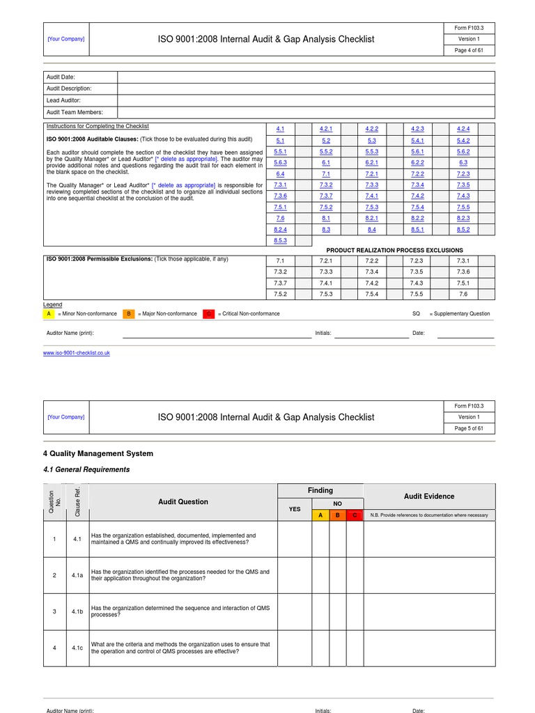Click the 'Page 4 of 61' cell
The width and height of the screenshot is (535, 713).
(468, 50)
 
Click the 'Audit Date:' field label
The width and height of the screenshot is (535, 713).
(61, 77)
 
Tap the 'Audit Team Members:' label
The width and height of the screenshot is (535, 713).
(75, 112)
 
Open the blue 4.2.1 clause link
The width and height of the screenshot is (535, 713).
(326, 129)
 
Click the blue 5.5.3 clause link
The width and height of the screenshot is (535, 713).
(371, 151)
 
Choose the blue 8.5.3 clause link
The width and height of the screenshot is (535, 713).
(280, 240)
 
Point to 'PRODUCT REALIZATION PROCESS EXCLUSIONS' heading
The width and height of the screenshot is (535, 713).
(389, 250)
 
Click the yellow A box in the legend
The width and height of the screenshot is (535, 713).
(49, 314)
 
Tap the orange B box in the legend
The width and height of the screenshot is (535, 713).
(129, 314)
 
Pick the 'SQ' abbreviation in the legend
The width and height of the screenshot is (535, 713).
(417, 314)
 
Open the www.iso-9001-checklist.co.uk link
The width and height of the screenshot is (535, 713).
(77, 353)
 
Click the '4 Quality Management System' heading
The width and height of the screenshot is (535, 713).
(98, 453)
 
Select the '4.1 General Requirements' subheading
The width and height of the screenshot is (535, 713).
(86, 469)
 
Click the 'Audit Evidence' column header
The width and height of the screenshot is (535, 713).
(429, 496)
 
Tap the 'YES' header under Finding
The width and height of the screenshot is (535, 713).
(295, 509)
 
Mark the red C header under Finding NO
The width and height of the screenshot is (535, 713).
(355, 515)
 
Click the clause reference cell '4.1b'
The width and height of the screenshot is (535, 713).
(77, 611)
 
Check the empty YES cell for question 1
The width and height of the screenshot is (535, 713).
(295, 539)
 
